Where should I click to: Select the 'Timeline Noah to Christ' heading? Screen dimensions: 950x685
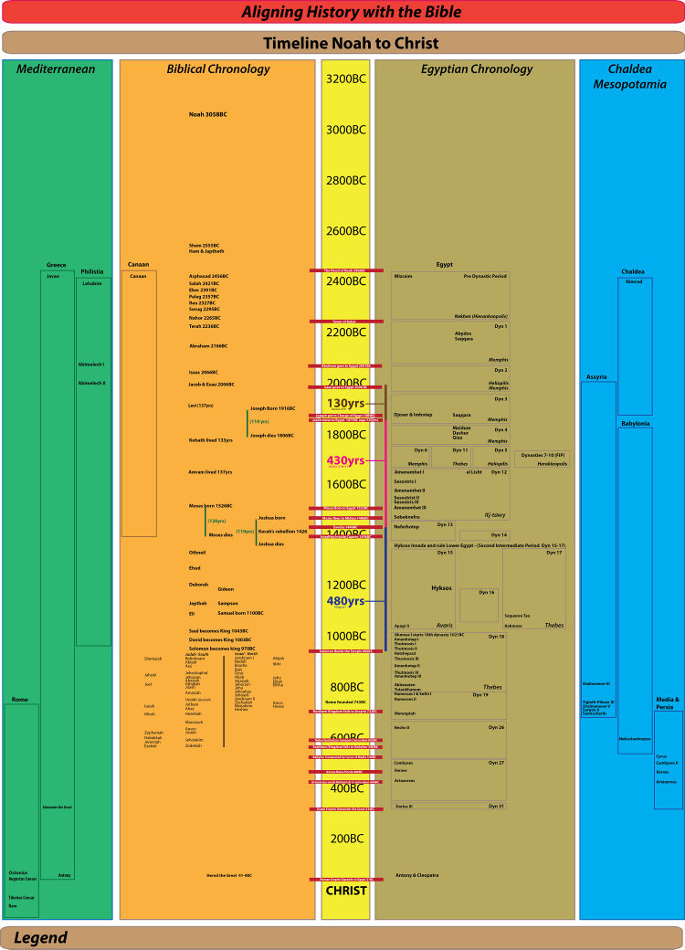[351, 43]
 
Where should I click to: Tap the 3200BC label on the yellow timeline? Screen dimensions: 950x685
[345, 79]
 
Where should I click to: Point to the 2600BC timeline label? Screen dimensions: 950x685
[345, 231]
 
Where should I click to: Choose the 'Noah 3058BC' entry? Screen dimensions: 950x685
[208, 115]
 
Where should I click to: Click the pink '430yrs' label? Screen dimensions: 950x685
[346, 461]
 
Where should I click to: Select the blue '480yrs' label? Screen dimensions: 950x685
[345, 601]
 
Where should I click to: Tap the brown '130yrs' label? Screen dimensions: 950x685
[345, 403]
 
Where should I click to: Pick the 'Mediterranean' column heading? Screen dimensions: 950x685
[57, 69]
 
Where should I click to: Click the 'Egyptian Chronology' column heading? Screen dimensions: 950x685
[477, 69]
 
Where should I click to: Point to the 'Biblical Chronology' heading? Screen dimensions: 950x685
[218, 69]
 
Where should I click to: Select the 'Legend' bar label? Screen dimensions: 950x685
[40, 938]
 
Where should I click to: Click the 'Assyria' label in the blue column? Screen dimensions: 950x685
[595, 376]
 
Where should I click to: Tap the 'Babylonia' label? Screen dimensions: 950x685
[635, 424]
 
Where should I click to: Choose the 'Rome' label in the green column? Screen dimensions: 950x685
[20, 700]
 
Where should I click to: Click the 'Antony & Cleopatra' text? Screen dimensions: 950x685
[416, 875]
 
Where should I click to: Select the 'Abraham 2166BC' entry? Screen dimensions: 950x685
[208, 346]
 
